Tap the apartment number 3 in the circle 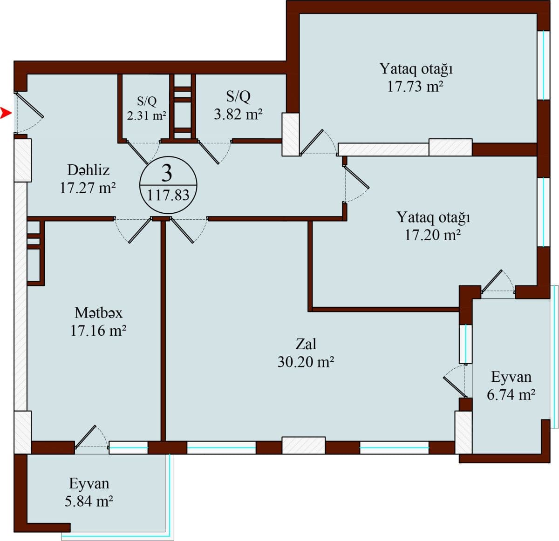point(167,173)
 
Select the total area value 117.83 point(168,195)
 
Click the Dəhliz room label point(89,169)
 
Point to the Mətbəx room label point(99,312)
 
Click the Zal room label point(306,344)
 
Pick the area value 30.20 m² point(306,362)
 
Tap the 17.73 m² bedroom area point(416,87)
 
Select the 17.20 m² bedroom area point(433,235)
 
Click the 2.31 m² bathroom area point(147,115)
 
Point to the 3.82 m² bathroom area point(238,114)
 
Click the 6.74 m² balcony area point(511,395)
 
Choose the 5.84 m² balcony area point(89,501)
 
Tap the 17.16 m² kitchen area point(98,331)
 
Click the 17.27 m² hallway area point(88,188)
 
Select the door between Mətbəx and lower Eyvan point(87,437)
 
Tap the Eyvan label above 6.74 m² point(511,377)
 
